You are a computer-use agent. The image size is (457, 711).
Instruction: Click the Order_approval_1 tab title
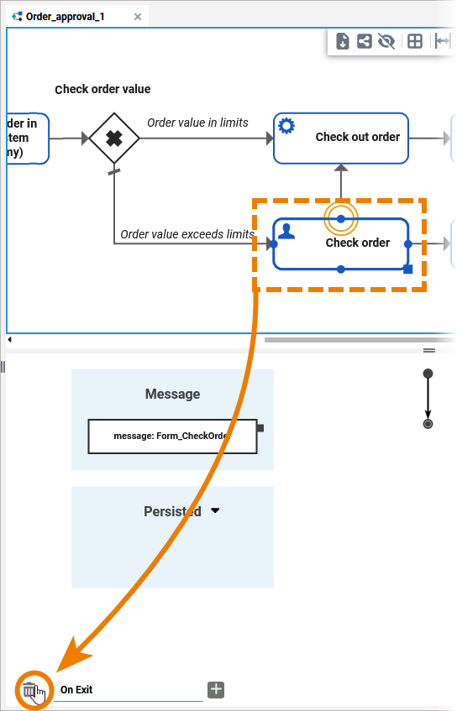[65, 16]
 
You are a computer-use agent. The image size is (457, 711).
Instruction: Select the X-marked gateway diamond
[113, 139]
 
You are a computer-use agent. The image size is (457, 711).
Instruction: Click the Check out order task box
[340, 138]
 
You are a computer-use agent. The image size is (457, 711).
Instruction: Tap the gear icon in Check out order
[286, 126]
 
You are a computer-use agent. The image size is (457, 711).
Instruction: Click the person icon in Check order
[286, 231]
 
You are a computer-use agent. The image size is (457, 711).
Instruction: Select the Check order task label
[357, 243]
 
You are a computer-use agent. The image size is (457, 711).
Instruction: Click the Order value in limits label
[197, 123]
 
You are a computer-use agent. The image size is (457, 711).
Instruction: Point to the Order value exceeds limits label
[186, 234]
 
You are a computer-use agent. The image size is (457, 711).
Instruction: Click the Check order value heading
[102, 89]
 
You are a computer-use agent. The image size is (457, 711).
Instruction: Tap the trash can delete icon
[30, 690]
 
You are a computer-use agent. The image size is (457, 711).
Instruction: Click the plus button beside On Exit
[216, 689]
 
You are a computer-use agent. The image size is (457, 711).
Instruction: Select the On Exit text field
[130, 690]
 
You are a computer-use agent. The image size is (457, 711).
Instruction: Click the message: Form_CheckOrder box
[172, 437]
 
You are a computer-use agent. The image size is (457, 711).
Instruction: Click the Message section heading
[172, 394]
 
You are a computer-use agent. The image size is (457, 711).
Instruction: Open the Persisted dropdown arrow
[215, 510]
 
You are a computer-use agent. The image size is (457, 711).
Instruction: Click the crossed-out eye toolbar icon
[386, 41]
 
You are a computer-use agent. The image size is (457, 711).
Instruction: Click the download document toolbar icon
[343, 41]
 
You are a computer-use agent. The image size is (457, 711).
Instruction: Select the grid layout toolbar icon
[414, 41]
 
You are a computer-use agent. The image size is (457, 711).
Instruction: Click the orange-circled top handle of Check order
[340, 219]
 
